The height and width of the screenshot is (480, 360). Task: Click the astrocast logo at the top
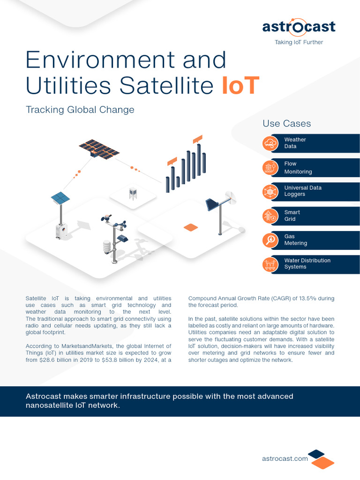pyautogui.click(x=299, y=26)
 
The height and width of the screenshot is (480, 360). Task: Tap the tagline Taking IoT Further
pyautogui.click(x=299, y=42)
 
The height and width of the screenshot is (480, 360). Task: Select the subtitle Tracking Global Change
pyautogui.click(x=80, y=110)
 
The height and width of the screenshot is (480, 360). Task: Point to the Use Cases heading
pyautogui.click(x=286, y=124)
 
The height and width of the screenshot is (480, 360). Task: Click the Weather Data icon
pyautogui.click(x=271, y=143)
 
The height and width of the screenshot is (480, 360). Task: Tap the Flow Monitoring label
pyautogui.click(x=298, y=168)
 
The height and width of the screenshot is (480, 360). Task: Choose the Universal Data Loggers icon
pyautogui.click(x=271, y=192)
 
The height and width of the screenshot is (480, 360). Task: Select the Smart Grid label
pyautogui.click(x=292, y=216)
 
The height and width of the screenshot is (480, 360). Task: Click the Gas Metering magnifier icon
pyautogui.click(x=271, y=240)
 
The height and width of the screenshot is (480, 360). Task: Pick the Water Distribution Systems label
pyautogui.click(x=307, y=263)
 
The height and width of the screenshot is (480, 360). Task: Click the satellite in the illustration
pyautogui.click(x=99, y=149)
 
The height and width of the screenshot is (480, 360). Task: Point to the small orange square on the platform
pyautogui.click(x=191, y=227)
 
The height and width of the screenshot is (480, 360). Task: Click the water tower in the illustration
pyautogui.click(x=133, y=193)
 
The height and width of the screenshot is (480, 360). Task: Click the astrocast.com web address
pyautogui.click(x=285, y=458)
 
